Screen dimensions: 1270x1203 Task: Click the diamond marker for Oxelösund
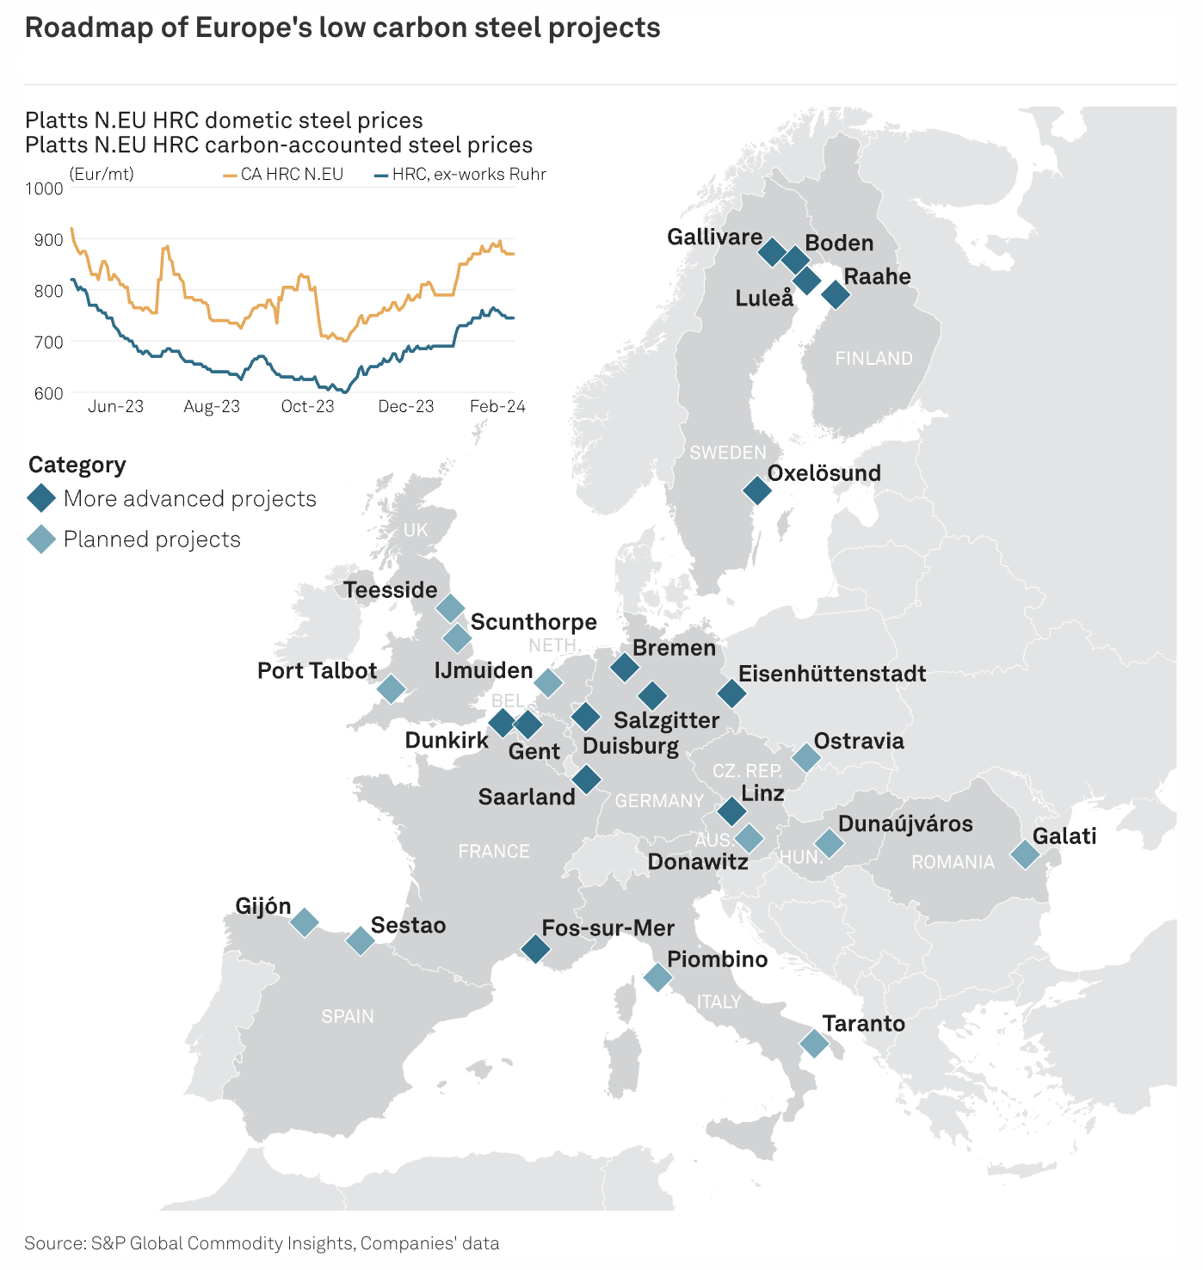tap(757, 490)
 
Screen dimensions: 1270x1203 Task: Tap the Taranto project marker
tap(814, 1043)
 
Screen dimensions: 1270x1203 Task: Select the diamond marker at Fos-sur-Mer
tap(535, 949)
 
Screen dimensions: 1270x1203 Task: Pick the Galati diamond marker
tap(1025, 854)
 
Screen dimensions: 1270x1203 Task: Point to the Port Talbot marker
tap(391, 688)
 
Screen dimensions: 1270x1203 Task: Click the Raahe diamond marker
tap(836, 294)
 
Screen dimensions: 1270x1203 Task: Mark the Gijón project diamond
tap(304, 922)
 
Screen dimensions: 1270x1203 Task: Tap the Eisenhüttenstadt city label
tap(831, 674)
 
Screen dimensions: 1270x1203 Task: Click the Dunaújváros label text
tap(905, 823)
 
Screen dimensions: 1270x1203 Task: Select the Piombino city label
tap(717, 959)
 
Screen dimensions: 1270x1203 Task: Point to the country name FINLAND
tap(873, 359)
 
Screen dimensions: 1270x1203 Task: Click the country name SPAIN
tap(348, 1016)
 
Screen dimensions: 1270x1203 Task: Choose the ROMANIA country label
tap(953, 862)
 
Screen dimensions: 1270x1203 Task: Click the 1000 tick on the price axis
tap(44, 188)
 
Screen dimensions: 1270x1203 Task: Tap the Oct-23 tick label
tap(307, 406)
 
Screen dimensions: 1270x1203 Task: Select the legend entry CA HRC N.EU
tap(292, 175)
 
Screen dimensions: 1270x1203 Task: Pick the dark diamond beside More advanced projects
tap(41, 498)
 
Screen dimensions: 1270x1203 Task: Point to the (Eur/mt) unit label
tap(102, 175)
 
